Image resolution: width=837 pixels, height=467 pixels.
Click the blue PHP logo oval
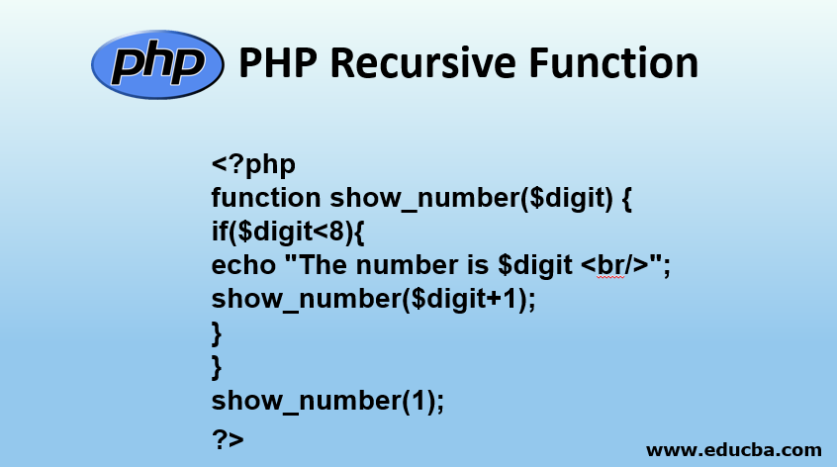click(155, 64)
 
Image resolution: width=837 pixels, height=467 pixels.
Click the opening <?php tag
click(253, 163)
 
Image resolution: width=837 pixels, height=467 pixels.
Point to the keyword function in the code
click(266, 198)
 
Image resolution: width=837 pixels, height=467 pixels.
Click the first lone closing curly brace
click(217, 333)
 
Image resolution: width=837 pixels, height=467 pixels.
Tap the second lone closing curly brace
click(217, 367)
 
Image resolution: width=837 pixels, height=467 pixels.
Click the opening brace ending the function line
click(626, 198)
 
